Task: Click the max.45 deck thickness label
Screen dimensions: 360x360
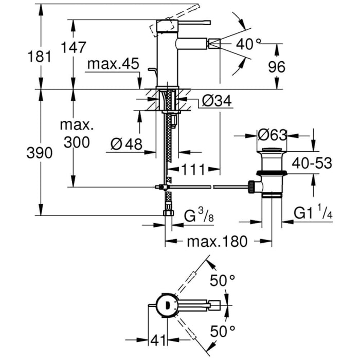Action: tap(113, 64)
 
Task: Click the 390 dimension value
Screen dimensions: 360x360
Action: tap(39, 153)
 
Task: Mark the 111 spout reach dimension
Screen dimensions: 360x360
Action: tap(194, 169)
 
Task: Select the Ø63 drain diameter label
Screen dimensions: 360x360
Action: tap(273, 136)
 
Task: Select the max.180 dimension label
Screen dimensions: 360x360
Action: tap(217, 242)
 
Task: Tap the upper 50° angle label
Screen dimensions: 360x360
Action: tap(222, 281)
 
